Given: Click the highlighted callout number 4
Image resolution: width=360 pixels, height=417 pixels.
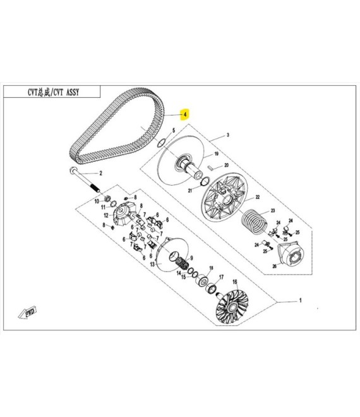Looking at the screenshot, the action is pos(185,114).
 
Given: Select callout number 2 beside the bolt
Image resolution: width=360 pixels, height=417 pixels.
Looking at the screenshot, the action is pos(100,173).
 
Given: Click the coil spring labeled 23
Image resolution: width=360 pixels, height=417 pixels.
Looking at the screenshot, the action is pos(254,221).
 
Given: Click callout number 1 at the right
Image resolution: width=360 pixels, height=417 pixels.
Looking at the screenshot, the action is pos(301,301).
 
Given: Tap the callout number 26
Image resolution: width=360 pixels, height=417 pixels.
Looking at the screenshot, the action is pos(274,266).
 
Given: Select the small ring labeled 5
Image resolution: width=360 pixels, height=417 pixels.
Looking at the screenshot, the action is pos(162,143).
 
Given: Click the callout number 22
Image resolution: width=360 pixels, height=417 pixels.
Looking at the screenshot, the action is pos(258,197).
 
